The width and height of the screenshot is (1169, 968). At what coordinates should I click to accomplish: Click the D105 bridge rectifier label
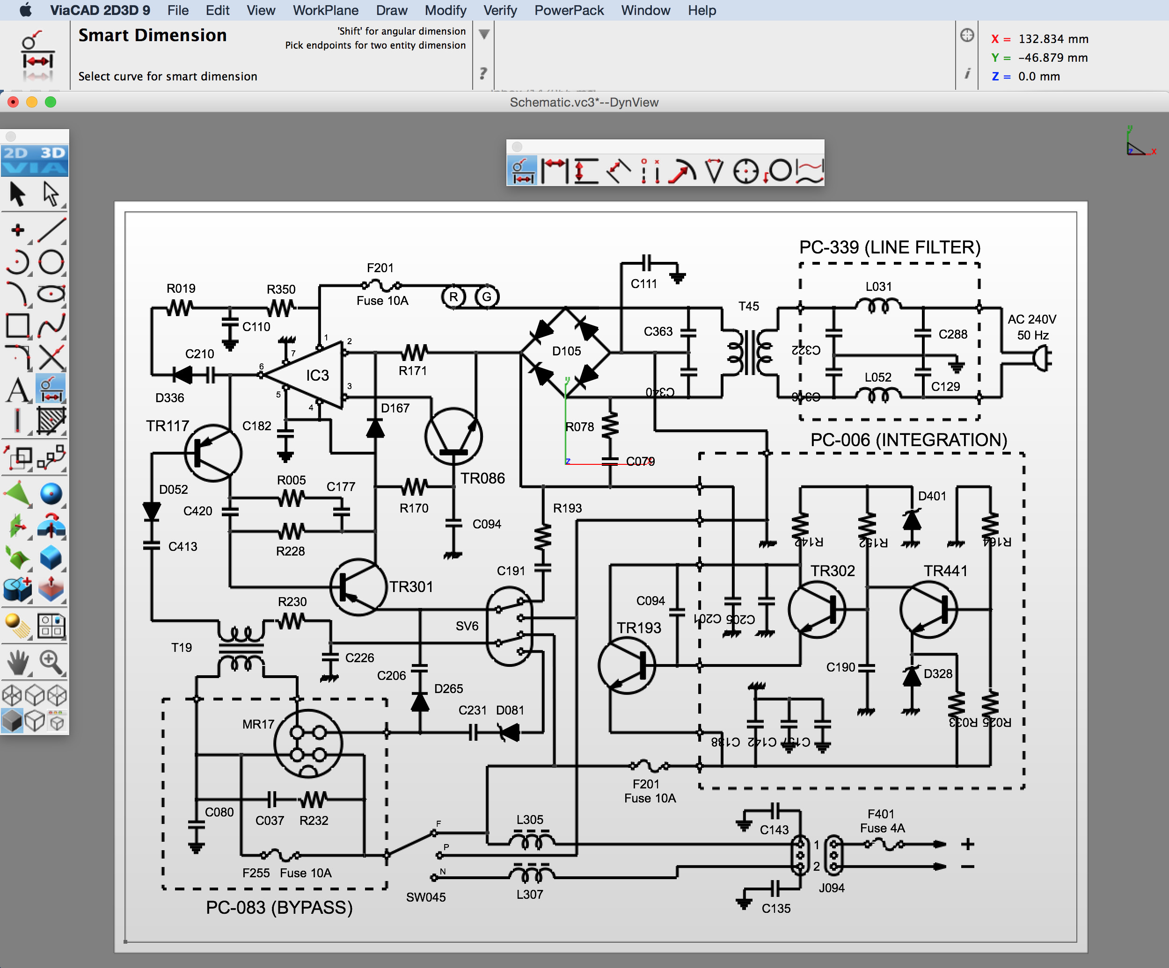566,351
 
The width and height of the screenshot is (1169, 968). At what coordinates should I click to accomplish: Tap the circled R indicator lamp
453,296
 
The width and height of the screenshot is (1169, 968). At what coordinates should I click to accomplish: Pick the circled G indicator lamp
487,296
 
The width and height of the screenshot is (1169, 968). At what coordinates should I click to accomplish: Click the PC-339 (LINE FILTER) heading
890,247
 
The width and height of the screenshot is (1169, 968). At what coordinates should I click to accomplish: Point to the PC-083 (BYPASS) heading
279,907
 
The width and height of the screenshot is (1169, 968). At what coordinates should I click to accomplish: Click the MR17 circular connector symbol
308,743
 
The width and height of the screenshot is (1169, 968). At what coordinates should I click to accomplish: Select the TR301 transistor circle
358,587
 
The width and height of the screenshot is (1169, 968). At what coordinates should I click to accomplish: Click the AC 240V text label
1031,319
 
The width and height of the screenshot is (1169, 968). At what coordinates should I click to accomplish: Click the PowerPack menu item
569,10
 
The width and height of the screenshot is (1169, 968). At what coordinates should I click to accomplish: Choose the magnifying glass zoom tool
51,662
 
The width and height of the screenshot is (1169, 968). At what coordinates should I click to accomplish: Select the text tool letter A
18,390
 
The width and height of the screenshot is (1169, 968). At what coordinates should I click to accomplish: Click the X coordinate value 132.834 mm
1052,39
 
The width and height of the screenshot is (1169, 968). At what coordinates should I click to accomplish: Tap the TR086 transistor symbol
453,436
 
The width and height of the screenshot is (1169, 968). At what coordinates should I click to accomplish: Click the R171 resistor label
412,370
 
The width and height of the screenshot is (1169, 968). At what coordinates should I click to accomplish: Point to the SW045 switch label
425,897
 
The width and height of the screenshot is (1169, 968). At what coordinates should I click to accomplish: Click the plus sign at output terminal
967,844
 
